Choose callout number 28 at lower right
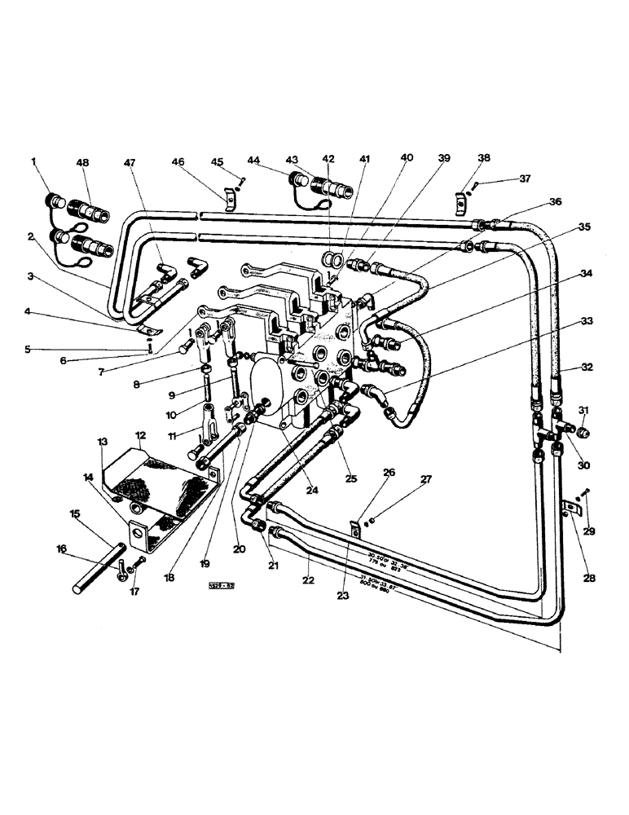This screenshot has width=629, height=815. [x=590, y=578]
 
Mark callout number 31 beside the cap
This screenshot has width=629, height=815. [x=583, y=409]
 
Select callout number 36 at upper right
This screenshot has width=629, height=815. [x=556, y=202]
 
